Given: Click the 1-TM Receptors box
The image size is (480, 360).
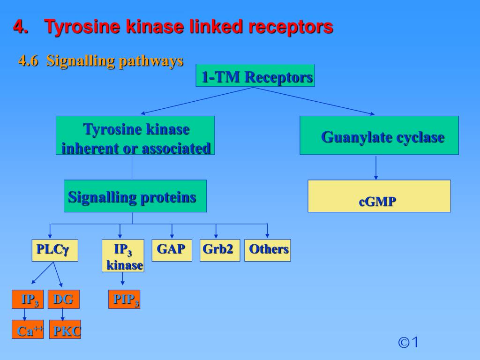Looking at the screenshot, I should coord(255,75).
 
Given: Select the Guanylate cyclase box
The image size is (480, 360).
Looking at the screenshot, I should coord(379,135).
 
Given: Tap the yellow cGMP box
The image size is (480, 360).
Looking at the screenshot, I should coord(379,196).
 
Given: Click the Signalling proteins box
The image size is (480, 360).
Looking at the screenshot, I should coord(135,196).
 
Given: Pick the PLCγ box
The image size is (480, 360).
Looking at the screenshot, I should coord(55,250).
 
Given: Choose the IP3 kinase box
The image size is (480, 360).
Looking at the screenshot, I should coord(123,255).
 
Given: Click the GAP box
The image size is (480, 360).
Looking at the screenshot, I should coord(172,250).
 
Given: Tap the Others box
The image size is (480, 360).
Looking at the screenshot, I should coord(267,250).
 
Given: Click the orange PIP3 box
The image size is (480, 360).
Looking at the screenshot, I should coord(124,300).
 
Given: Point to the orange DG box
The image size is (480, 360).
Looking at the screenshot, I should coord(63,300).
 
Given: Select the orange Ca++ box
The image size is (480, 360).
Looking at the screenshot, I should coord(28,329).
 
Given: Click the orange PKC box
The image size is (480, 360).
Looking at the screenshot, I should coord(65,329).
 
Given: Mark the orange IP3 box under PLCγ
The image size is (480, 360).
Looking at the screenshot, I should coord(28,300).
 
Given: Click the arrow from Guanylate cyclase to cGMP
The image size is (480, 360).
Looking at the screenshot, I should coord(376,167).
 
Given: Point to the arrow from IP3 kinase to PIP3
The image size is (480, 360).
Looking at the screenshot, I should coord(123,279).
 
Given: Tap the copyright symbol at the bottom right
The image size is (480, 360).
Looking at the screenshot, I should coord(403,343).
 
